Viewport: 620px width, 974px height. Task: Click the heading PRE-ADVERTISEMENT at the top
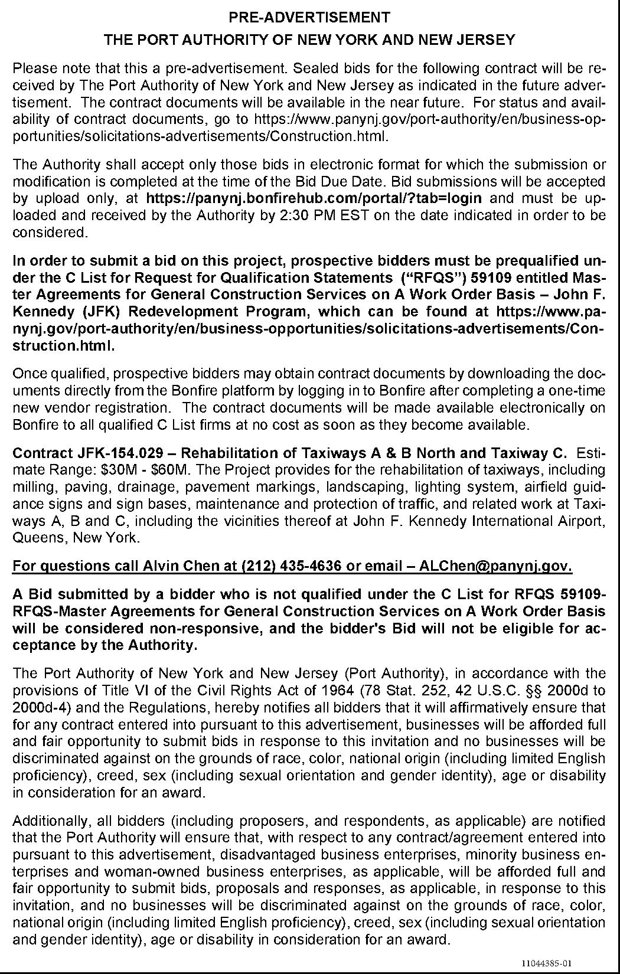pos(309,17)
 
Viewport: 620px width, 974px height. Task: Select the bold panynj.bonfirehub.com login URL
pos(314,198)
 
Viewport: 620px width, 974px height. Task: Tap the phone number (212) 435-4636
pos(292,566)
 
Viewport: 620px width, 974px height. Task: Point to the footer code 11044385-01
pos(547,963)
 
